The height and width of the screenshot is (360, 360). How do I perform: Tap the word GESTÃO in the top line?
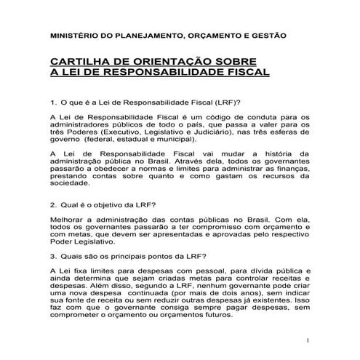[269, 34]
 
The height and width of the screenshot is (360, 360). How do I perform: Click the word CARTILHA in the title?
[79, 62]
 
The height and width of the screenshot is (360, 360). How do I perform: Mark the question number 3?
[53, 255]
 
